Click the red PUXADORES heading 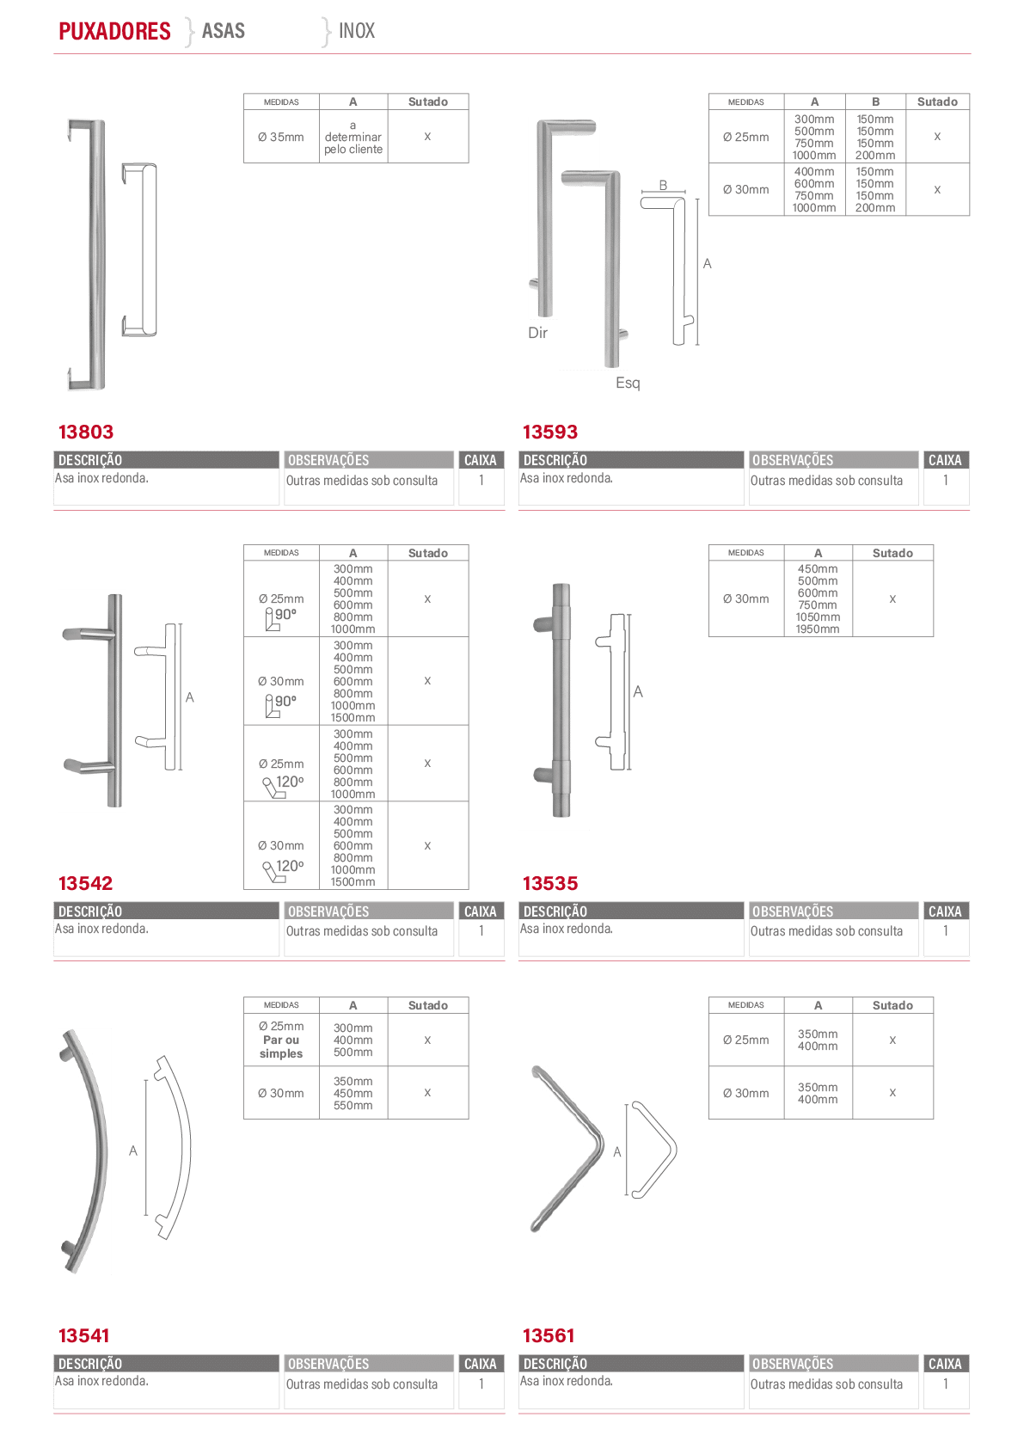click(114, 31)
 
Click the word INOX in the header click(357, 30)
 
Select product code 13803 click(86, 432)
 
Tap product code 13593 click(550, 432)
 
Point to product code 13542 click(85, 883)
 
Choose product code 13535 click(550, 883)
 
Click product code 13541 click(84, 1335)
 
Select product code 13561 click(549, 1335)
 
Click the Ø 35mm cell click(280, 137)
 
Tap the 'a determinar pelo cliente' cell click(353, 137)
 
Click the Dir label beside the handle click(538, 333)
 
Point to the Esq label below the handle click(628, 383)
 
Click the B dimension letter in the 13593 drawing click(663, 185)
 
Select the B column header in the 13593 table click(875, 101)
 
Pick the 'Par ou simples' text click(281, 1046)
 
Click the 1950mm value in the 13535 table click(818, 629)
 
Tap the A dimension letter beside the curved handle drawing click(133, 1150)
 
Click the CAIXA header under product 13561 click(945, 1364)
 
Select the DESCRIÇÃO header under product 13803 click(90, 460)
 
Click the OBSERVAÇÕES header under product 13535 click(793, 911)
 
